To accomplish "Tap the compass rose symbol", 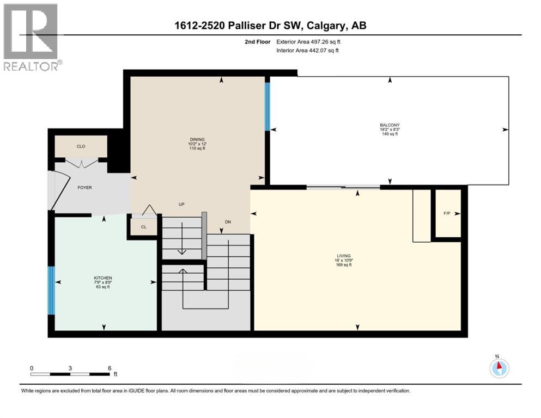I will pos(499,368).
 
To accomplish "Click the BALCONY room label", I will pos(390,125).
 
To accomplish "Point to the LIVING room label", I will pos(343,256).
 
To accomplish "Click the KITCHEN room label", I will pos(102,278).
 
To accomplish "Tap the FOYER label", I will pos(84,188).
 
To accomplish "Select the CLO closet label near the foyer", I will pos(81,146).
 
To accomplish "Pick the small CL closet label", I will pos(143,227).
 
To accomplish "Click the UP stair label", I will pos(182,205).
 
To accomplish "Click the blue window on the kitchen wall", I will pos(51,291).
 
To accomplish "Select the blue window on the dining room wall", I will pos(267,106).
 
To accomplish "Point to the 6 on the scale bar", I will pos(109,368).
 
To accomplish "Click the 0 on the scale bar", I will pos(32,368).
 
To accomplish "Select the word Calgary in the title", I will pos(334,26).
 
